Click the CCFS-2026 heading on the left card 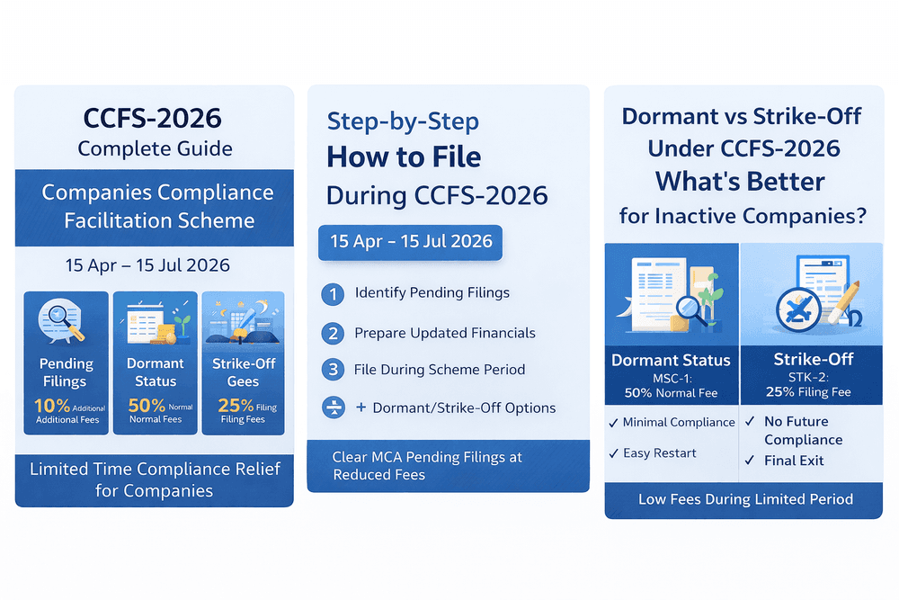(152, 118)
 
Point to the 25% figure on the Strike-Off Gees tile (236, 406)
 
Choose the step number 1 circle (333, 293)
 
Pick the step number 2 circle (333, 333)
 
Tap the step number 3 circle (333, 370)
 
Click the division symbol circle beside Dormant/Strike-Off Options (333, 407)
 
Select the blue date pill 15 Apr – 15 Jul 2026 (411, 242)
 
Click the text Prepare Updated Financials (445, 333)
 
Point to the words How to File (404, 157)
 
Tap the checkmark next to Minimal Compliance (614, 422)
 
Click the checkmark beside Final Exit (749, 461)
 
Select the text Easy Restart (659, 452)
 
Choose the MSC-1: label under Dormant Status (672, 379)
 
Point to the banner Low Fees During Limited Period (745, 498)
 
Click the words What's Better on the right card (740, 181)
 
